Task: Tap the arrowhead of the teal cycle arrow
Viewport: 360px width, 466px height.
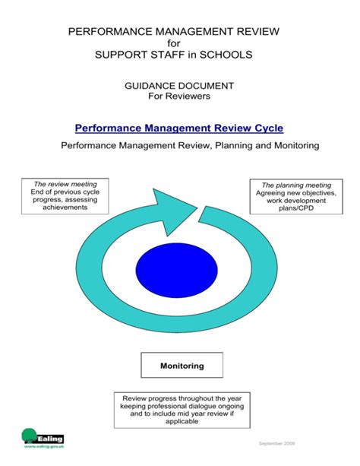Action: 176,204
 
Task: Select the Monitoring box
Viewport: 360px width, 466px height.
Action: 182,366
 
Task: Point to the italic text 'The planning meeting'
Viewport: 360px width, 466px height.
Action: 296,185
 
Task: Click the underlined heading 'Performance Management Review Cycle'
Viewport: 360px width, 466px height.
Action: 179,128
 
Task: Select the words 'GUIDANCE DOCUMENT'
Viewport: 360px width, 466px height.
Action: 180,87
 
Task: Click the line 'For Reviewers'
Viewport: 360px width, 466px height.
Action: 180,97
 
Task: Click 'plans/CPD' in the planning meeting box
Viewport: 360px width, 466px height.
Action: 296,208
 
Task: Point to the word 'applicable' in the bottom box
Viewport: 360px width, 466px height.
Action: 180,421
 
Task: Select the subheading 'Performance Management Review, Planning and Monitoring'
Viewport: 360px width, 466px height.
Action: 180,144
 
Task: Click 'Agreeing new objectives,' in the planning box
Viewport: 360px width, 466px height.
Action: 296,192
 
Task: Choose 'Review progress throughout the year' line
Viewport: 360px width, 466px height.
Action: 180,398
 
